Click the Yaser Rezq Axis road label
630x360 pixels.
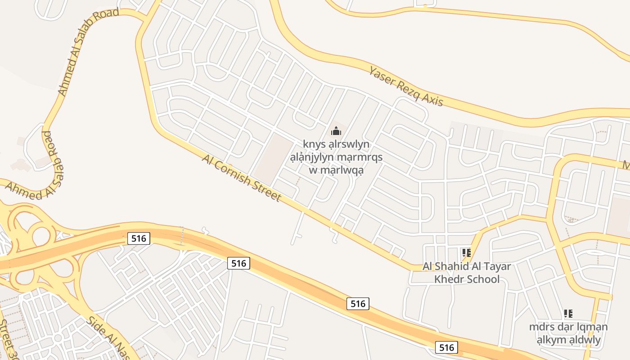406,86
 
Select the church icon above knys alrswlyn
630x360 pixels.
336,131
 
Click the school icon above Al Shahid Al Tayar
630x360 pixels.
467,253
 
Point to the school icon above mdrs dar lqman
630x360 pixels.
568,314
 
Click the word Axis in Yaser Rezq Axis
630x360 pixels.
432,99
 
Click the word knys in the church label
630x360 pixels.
314,144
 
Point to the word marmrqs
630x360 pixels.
360,157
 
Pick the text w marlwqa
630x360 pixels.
336,170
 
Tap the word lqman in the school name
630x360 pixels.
590,327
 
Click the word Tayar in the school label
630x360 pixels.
495,266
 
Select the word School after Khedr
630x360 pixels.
482,279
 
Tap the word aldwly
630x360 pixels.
585,340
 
